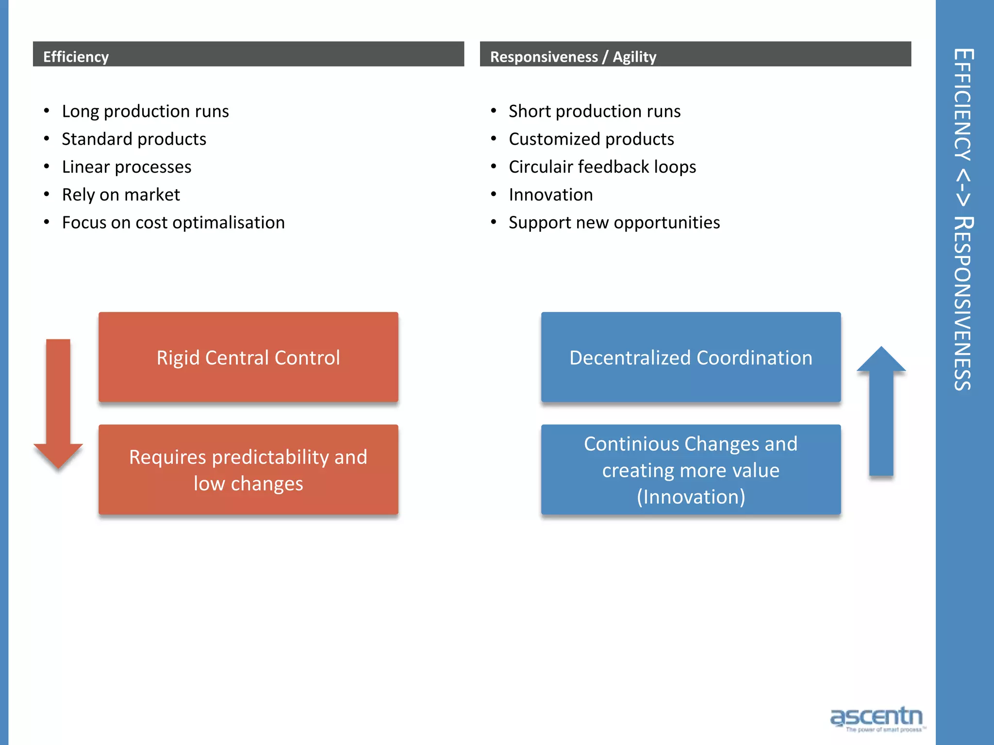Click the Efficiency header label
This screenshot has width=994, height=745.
tap(76, 57)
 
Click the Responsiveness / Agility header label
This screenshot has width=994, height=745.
tap(573, 57)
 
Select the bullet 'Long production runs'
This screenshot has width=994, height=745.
tap(145, 112)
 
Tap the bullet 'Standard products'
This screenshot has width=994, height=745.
tap(134, 139)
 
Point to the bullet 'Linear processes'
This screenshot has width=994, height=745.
tap(127, 167)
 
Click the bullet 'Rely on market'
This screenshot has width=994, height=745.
tap(121, 195)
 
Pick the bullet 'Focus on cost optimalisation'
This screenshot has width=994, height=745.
tap(173, 223)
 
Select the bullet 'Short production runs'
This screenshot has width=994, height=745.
tap(595, 112)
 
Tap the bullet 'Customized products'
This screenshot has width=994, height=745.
tap(591, 139)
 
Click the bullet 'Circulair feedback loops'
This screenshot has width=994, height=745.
tap(602, 167)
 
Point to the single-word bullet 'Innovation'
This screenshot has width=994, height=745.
tap(551, 195)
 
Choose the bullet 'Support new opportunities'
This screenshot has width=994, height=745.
tap(614, 223)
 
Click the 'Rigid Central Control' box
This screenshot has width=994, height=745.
tap(248, 357)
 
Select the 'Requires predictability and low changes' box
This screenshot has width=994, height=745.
tap(248, 470)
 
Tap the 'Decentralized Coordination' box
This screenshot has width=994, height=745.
tap(691, 357)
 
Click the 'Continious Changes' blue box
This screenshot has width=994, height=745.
tap(691, 470)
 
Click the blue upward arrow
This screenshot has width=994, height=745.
tap(881, 412)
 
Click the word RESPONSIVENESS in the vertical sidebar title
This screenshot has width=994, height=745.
tap(963, 303)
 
